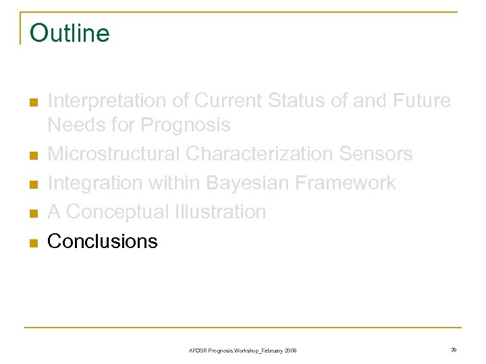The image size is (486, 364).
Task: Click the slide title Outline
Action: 70,33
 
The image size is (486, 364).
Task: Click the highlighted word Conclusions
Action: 103,241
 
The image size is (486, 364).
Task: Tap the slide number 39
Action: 453,350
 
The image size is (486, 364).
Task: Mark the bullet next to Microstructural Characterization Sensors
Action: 32,156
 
